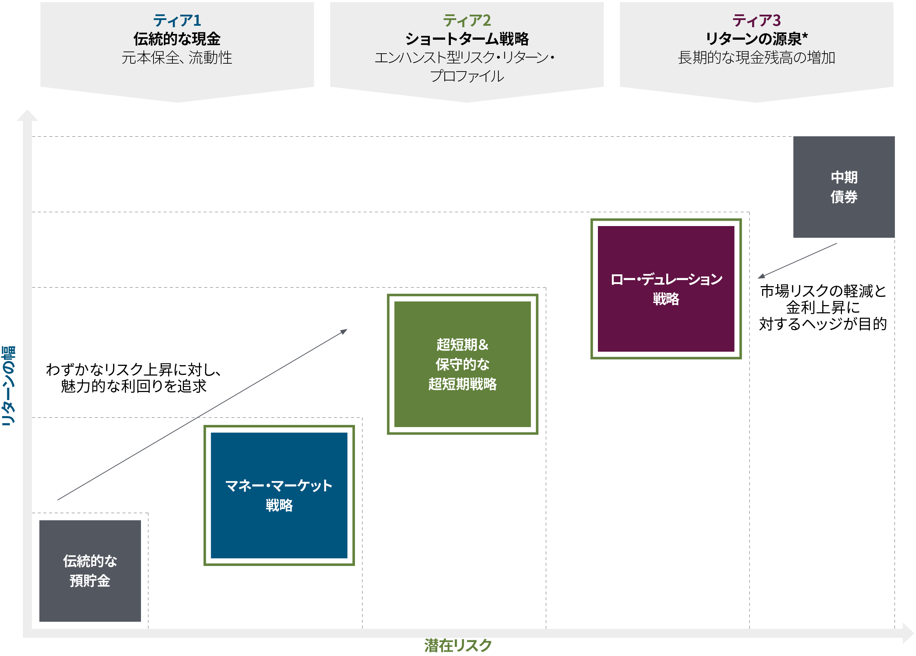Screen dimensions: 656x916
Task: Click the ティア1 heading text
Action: tap(177, 20)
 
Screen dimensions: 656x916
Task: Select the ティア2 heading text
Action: tap(467, 20)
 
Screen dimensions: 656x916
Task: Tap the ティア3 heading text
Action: tap(756, 20)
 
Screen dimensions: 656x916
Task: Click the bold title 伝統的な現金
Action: tap(177, 39)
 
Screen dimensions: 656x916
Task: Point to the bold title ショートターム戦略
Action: tap(467, 39)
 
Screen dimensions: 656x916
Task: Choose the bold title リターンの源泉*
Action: tap(756, 39)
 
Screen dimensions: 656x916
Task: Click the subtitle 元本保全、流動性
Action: tap(177, 58)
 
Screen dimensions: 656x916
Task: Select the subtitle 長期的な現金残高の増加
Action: tap(756, 58)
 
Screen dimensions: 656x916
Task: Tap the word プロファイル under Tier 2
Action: tap(467, 76)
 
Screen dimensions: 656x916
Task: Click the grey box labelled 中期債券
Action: tap(844, 187)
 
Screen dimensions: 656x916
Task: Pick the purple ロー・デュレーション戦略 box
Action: tap(666, 289)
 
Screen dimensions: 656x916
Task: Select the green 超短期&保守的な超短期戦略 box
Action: tap(462, 364)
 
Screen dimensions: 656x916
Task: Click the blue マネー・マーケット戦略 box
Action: tap(279, 495)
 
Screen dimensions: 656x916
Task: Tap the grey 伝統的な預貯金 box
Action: tap(90, 571)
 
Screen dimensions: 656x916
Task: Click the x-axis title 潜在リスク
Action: tap(458, 645)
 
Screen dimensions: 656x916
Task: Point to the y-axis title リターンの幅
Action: tap(9, 386)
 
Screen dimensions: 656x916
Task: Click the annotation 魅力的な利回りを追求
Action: tap(133, 386)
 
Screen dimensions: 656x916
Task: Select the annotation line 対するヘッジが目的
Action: tap(823, 324)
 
